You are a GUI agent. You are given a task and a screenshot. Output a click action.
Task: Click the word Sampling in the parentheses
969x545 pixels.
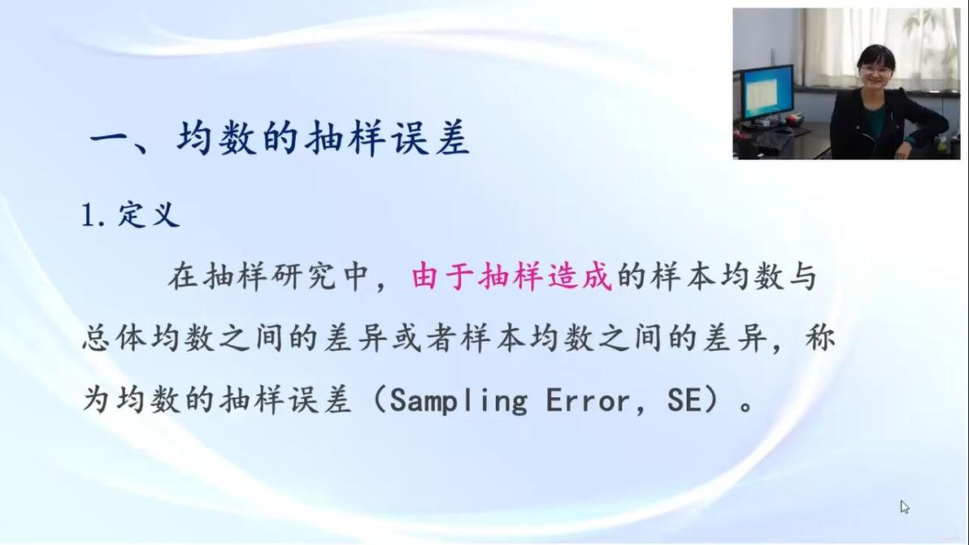point(458,400)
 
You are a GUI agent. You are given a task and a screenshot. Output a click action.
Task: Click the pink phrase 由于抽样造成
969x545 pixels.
point(511,276)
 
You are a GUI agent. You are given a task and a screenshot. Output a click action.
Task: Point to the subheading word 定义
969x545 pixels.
point(149,214)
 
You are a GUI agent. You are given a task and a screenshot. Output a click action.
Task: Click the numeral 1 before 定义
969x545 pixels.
point(89,216)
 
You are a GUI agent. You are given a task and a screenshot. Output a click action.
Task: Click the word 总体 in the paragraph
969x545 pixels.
point(114,338)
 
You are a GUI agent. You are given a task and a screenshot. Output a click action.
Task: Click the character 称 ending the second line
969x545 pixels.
point(820,338)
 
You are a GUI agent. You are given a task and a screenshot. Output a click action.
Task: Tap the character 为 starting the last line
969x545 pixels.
point(97,400)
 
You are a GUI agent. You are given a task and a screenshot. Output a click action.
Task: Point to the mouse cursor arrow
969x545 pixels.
point(904,507)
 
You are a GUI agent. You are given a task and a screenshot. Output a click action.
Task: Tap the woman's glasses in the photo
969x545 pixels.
point(875,71)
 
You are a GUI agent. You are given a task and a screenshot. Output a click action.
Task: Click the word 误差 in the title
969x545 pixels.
point(429,137)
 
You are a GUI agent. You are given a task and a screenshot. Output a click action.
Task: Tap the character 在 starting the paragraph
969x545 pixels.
point(182,276)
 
